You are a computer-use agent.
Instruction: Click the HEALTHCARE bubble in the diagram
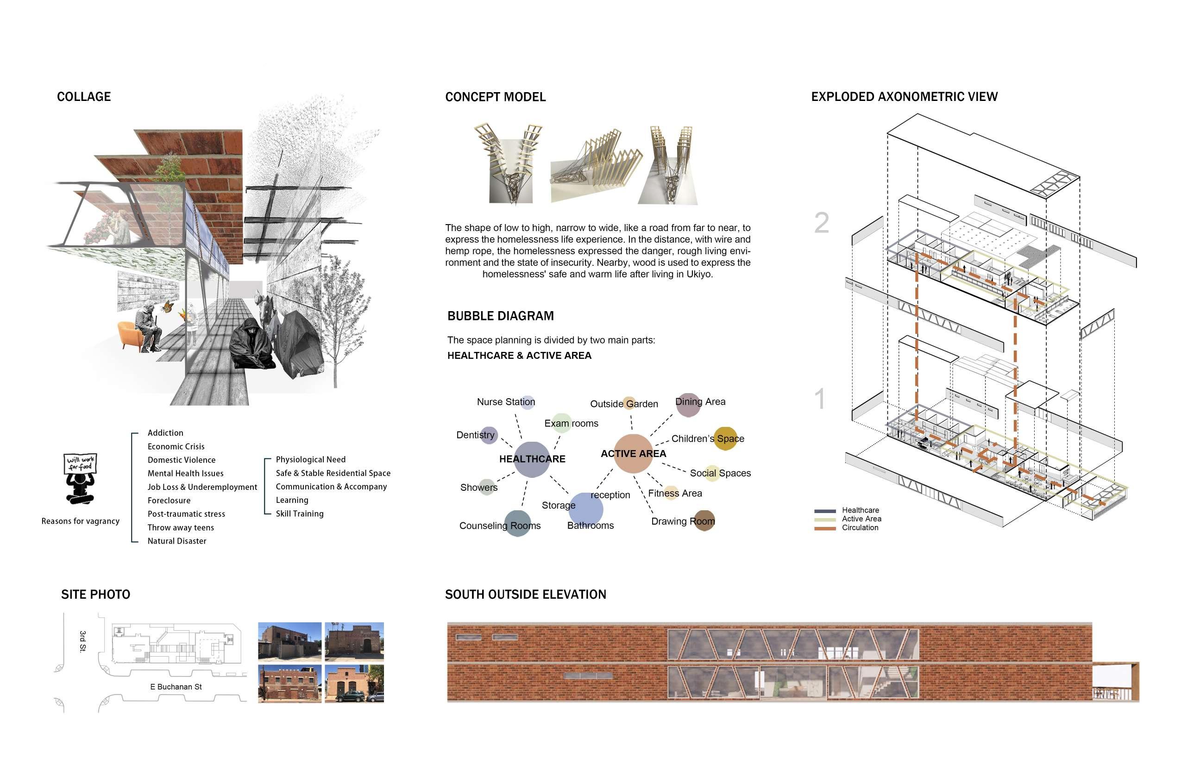click(x=532, y=459)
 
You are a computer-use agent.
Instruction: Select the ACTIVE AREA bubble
click(x=633, y=453)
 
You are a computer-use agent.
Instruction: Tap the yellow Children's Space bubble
click(x=725, y=438)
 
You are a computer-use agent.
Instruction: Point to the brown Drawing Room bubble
click(x=704, y=521)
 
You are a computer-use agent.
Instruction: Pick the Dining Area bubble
click(x=688, y=404)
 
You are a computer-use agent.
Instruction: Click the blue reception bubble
click(x=586, y=508)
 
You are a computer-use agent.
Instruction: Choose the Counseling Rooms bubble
click(x=518, y=524)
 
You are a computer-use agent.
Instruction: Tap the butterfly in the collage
click(x=168, y=307)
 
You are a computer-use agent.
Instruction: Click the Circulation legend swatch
click(x=825, y=528)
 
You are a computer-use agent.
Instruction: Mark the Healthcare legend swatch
click(x=825, y=510)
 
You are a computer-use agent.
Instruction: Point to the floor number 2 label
click(x=821, y=223)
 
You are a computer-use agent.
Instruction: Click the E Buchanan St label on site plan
click(x=176, y=687)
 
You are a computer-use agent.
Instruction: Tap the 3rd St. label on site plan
click(x=83, y=641)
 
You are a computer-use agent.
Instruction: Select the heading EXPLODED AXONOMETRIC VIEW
click(x=904, y=97)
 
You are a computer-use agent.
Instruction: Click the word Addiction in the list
click(x=165, y=433)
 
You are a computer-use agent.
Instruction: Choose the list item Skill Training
click(x=299, y=514)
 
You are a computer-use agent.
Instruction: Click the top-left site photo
click(x=290, y=641)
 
